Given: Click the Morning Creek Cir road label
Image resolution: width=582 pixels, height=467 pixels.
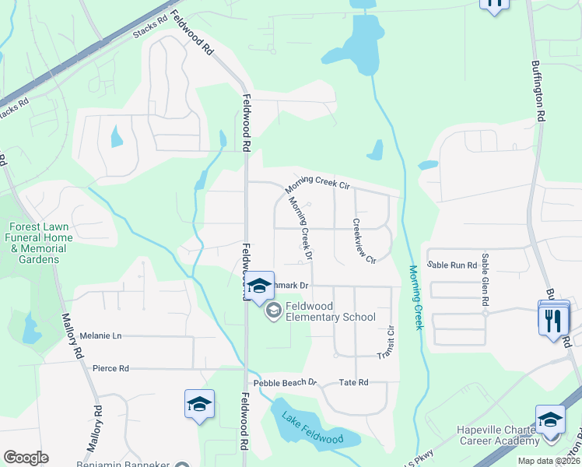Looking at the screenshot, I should tap(319, 184).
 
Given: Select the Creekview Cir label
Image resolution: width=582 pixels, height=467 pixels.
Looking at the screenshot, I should tap(364, 240).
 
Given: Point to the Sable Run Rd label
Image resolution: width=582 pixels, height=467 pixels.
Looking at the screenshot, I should tap(451, 265).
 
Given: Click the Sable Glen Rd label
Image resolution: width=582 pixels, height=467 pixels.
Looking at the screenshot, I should tap(485, 279).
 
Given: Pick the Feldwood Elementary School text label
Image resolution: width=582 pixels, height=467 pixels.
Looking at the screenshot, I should tap(330, 311).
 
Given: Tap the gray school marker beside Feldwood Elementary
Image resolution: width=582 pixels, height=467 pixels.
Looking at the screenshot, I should tap(273, 311).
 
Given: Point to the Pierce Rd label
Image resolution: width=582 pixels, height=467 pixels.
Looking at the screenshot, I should tap(110, 368).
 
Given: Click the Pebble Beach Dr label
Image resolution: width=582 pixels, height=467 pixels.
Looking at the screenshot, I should tap(286, 383).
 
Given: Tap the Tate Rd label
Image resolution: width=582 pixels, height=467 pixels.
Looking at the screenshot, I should tap(353, 383).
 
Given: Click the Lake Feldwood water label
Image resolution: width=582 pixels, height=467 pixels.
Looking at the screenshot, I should tap(313, 427).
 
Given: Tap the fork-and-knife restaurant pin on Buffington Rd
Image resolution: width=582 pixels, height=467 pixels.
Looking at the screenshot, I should tap(554, 320).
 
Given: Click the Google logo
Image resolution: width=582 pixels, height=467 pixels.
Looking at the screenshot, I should tap(26, 458).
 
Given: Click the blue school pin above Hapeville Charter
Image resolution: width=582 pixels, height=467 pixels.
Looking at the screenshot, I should tap(550, 420).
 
